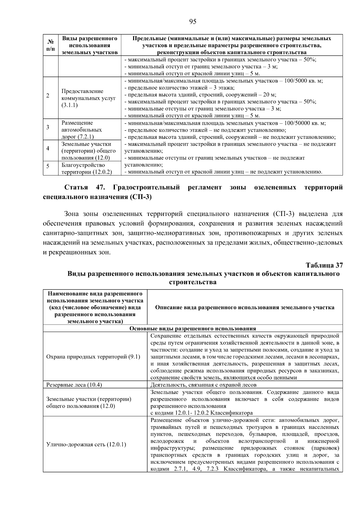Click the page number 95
tap(193, 21)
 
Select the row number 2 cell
tap(48, 96)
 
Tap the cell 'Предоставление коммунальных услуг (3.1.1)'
tap(89, 98)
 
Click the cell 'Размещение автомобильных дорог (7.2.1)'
tap(82, 130)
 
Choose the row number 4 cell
tap(48, 149)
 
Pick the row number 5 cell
tap(48, 166)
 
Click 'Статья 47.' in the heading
tap(85, 187)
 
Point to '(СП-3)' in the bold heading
tap(141, 197)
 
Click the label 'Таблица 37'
tap(324, 265)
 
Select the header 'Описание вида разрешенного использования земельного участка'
tap(244, 307)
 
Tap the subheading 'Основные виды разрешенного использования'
tap(193, 328)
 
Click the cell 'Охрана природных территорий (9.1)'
tap(93, 357)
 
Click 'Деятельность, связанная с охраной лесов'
tap(203, 385)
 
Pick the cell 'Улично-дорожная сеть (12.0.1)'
tap(86, 444)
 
